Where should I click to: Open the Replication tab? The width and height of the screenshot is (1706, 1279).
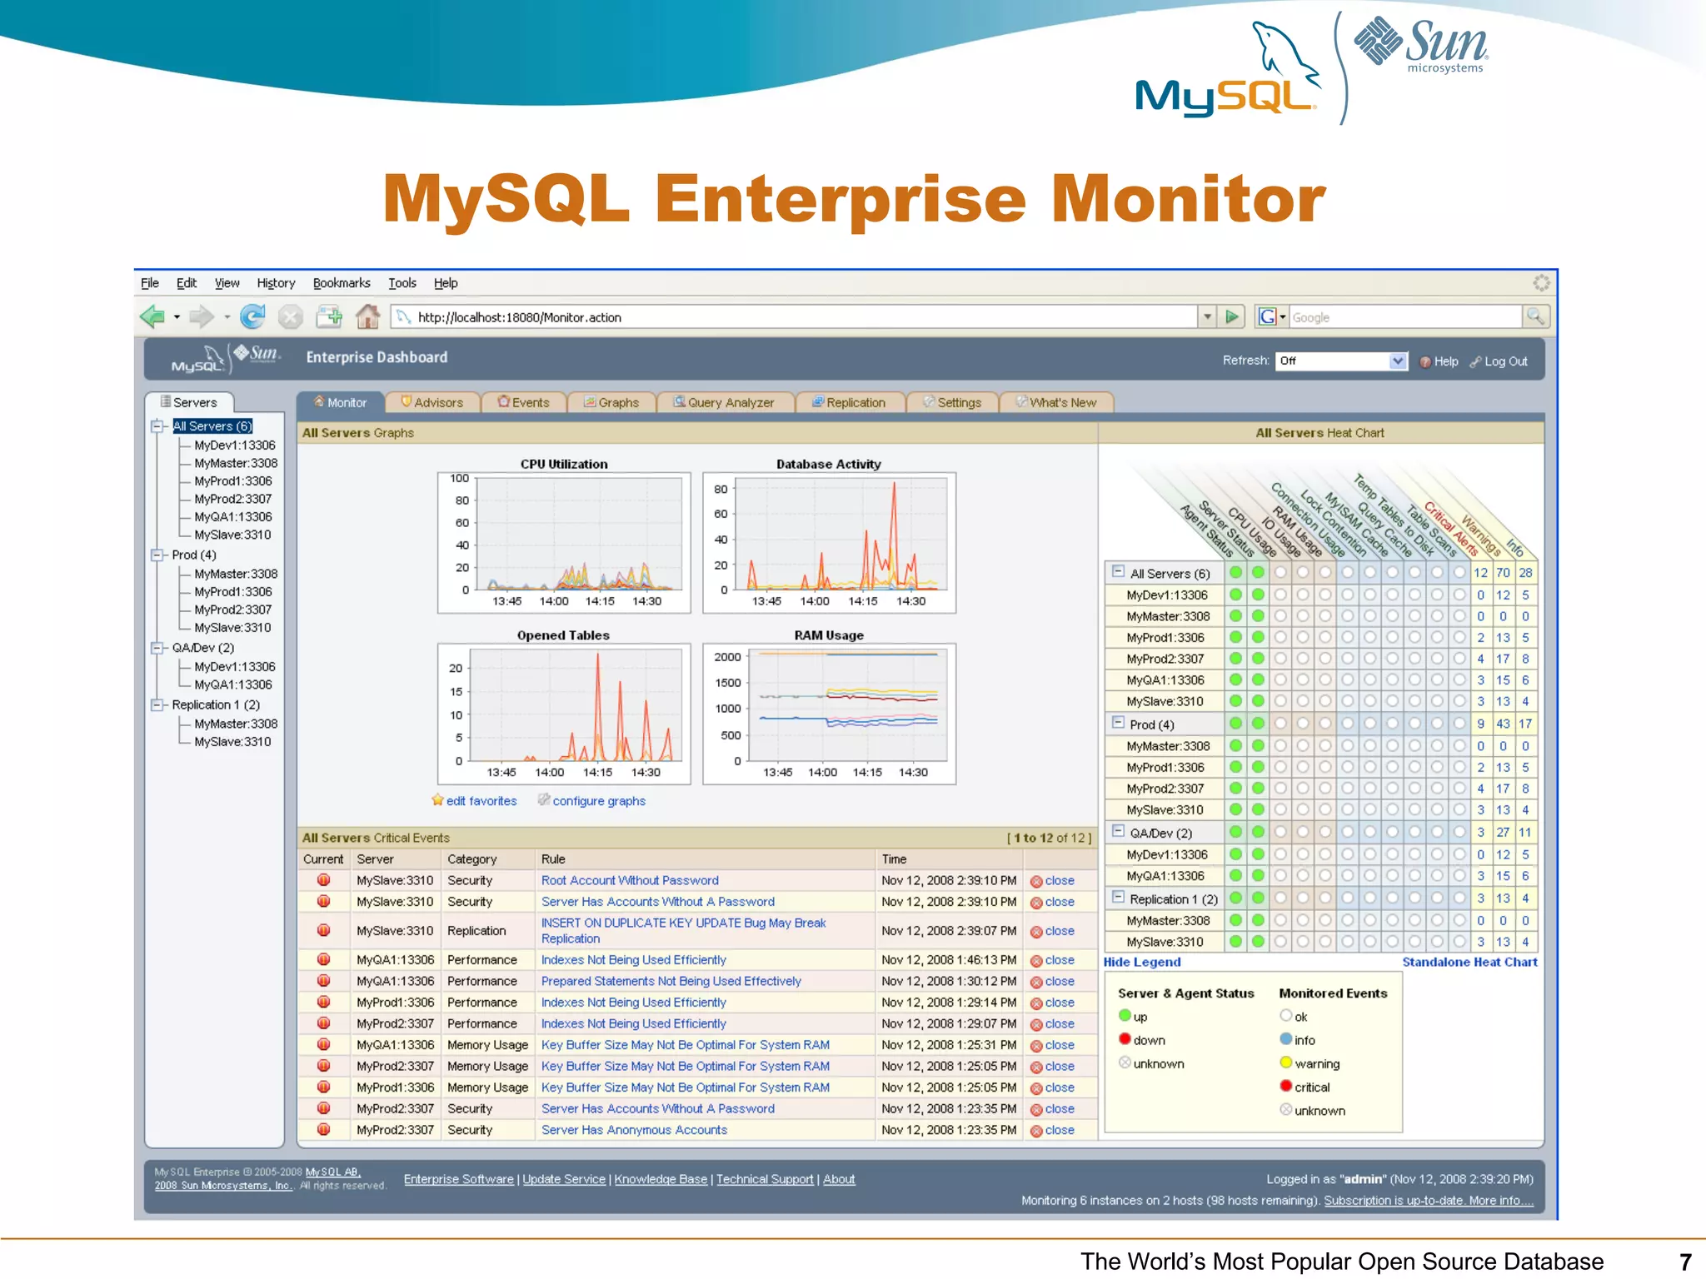tap(849, 402)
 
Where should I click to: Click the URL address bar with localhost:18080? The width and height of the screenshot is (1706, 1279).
tap(800, 317)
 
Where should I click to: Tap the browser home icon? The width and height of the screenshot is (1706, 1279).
tap(367, 316)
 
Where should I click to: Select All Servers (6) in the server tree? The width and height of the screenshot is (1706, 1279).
tap(212, 426)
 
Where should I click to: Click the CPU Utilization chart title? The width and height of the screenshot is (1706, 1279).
tap(564, 464)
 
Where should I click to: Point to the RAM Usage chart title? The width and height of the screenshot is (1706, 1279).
tap(828, 635)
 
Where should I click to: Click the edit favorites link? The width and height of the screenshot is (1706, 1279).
tap(481, 801)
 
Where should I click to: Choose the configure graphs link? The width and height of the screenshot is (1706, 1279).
tap(598, 801)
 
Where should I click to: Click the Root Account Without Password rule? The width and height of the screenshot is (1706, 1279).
tap(630, 880)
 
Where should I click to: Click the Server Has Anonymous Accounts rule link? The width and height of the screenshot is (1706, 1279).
tap(634, 1130)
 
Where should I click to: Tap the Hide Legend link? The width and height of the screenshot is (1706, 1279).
tap(1141, 962)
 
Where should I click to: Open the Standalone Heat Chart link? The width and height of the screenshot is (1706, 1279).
tap(1469, 962)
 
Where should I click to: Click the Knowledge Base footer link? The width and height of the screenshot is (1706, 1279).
tap(661, 1179)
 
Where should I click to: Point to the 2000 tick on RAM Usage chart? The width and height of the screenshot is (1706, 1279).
tap(727, 657)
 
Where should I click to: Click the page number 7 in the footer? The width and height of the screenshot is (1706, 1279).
tap(1684, 1262)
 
